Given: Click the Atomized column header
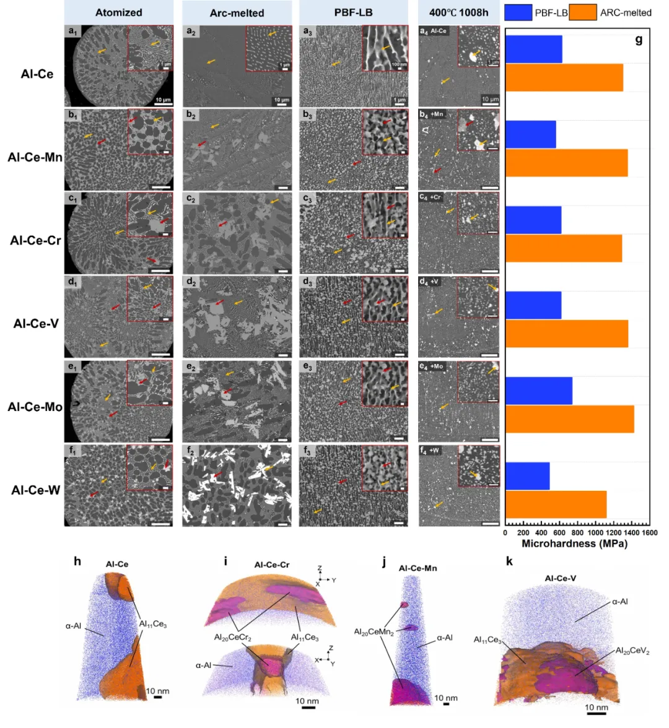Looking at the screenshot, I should tap(118, 12).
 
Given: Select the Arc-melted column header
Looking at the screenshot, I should tap(237, 13).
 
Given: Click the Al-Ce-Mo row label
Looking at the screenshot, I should tap(35, 407).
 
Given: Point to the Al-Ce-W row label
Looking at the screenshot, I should tap(36, 490).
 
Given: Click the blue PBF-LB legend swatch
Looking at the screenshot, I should tap(518, 12).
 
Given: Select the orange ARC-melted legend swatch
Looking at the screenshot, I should tap(583, 12).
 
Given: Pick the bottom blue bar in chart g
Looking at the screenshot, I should tap(528, 475).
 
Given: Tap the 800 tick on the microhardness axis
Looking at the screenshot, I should tap(577, 532).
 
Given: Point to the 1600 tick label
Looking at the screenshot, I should tap(649, 532).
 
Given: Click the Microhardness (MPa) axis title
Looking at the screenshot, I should tap(574, 544).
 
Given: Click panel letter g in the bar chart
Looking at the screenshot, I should tap(639, 40).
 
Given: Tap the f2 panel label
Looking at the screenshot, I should tap(191, 451).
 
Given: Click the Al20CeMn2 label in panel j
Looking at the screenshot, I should tap(374, 632).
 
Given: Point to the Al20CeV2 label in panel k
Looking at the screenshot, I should tap(632, 651).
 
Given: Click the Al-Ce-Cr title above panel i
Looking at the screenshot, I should tap(272, 565).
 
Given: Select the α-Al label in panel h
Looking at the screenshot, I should tap(74, 626).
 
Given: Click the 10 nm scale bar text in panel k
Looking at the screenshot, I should tap(597, 707).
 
